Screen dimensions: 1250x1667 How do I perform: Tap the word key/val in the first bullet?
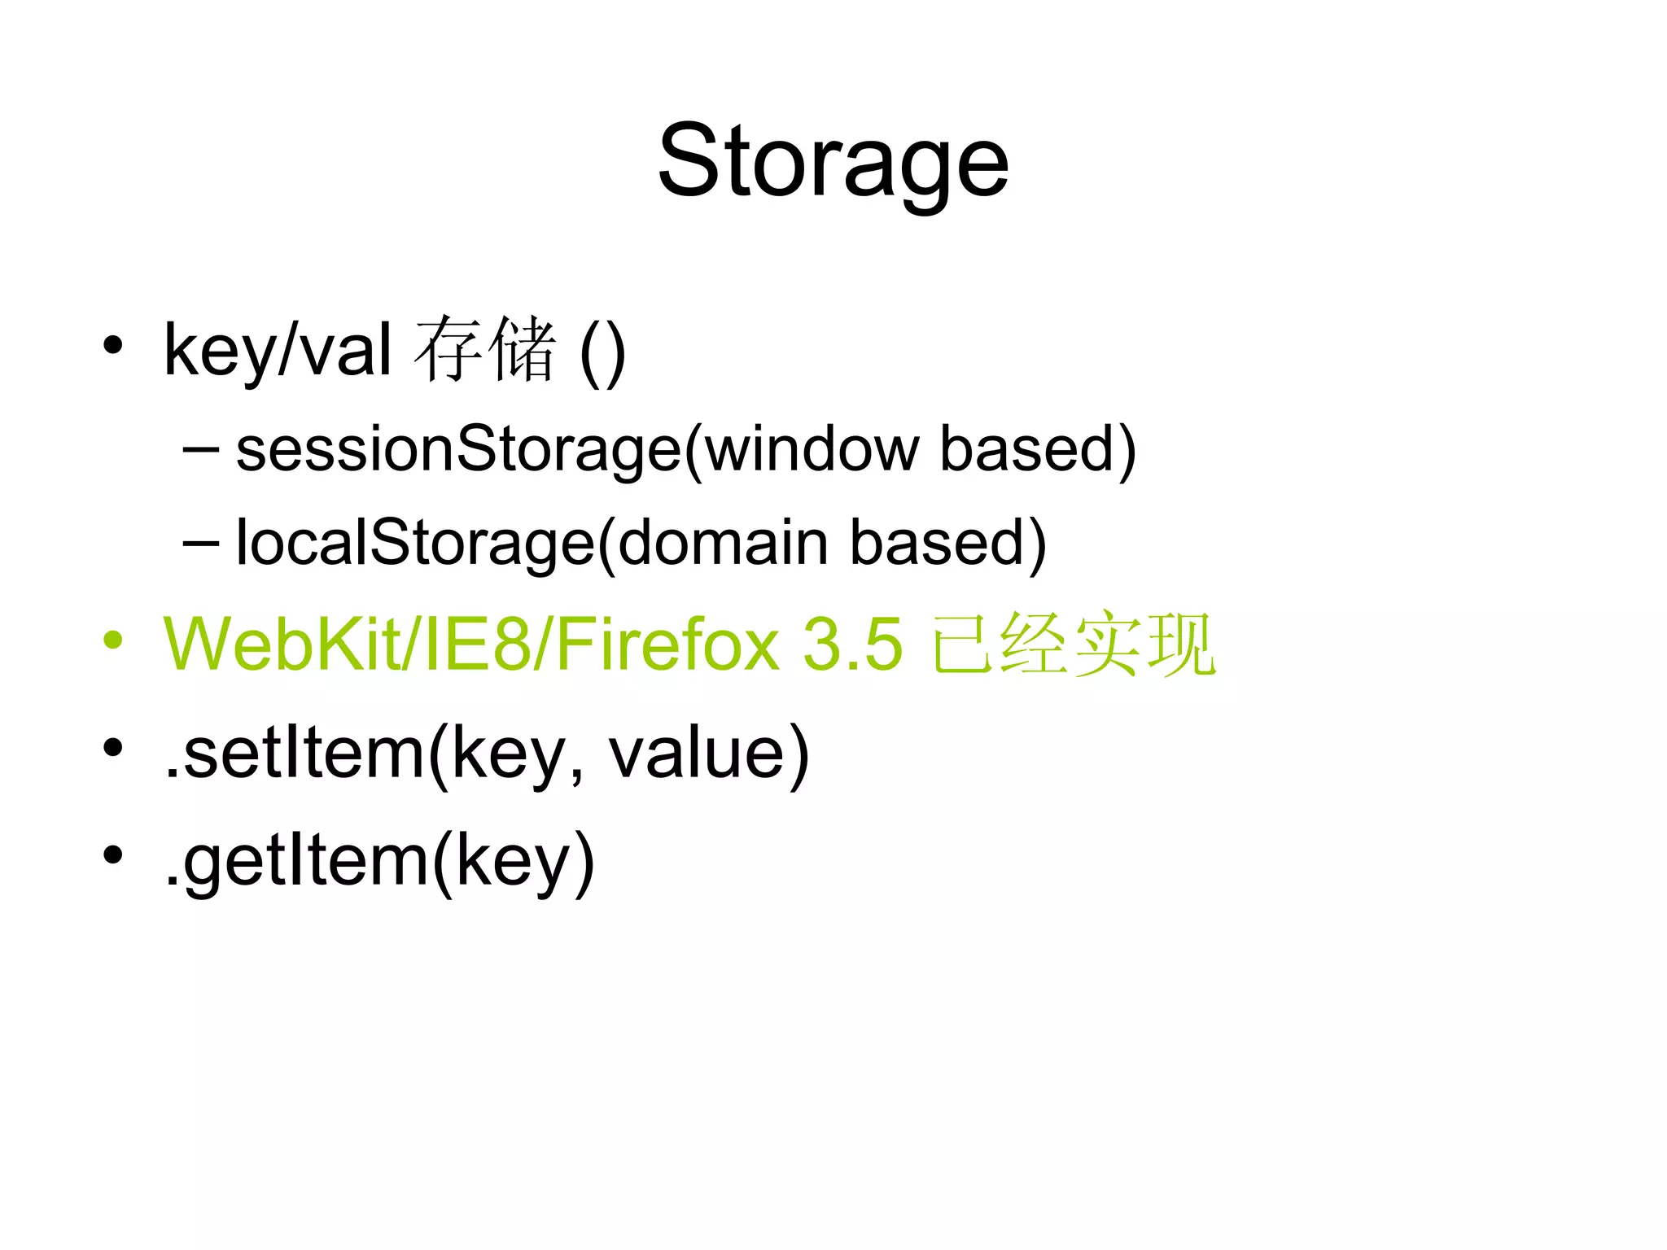278,351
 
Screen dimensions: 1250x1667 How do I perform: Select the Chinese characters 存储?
485,349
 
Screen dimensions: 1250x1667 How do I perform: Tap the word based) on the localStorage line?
948,543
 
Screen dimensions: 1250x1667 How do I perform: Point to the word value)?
709,753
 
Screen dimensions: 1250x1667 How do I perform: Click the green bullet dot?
113,640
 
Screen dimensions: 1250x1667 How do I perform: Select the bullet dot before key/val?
113,345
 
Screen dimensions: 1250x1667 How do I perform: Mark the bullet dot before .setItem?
113,747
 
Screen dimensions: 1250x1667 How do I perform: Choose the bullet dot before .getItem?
113,855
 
